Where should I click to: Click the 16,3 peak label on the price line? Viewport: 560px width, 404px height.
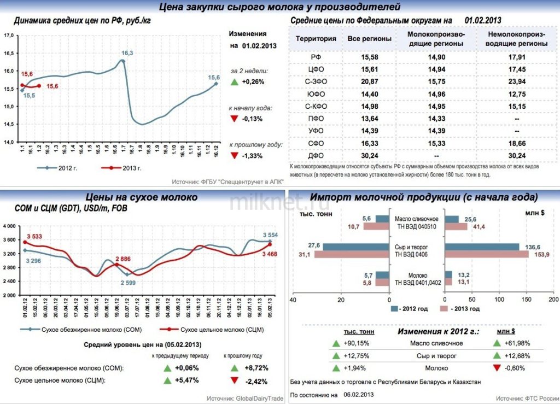tap(127, 53)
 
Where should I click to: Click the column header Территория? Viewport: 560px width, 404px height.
tap(316, 39)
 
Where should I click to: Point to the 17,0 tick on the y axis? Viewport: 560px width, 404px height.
tap(9, 36)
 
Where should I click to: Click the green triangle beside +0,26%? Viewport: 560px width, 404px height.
tap(234, 82)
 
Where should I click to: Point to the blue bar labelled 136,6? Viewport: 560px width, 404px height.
tap(482, 247)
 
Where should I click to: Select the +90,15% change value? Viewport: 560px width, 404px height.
tap(358, 343)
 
